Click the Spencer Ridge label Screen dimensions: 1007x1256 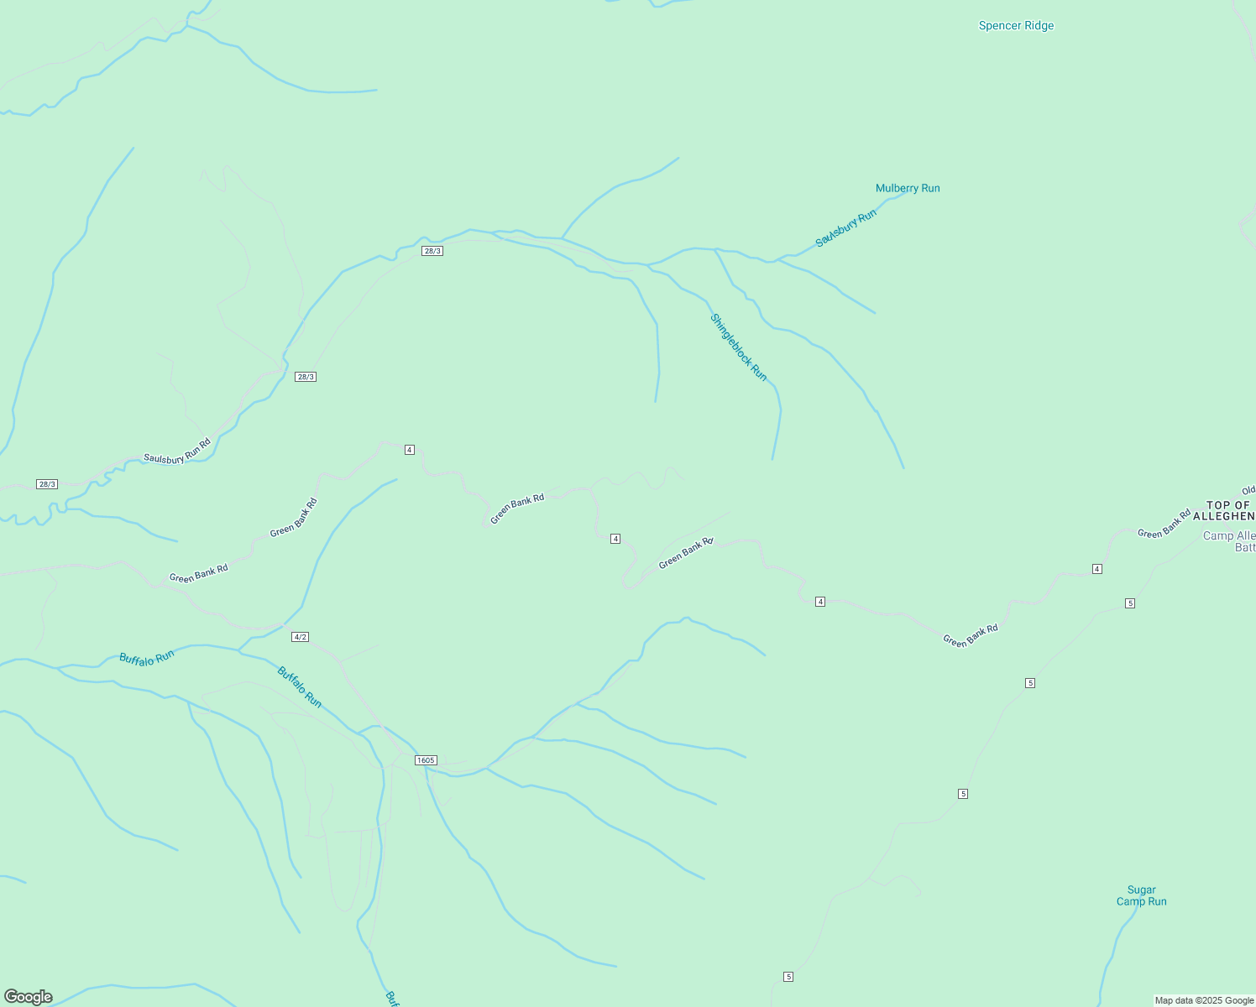click(x=1016, y=26)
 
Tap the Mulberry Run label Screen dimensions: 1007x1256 click(x=908, y=188)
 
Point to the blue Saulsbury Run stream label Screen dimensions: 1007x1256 click(x=845, y=228)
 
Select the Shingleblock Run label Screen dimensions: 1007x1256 click(x=739, y=347)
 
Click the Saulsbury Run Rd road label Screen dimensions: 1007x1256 click(x=176, y=451)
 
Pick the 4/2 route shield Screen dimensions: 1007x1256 click(x=300, y=637)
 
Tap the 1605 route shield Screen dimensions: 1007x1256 click(x=426, y=760)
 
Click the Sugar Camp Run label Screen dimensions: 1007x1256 click(x=1141, y=895)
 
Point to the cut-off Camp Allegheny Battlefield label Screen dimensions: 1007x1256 click(x=1229, y=541)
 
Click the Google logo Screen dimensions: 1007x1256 click(x=29, y=997)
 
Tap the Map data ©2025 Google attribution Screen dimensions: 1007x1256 click(x=1204, y=1000)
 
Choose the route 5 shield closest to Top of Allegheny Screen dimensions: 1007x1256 click(x=1130, y=603)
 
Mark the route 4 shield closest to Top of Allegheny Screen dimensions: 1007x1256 click(x=1096, y=569)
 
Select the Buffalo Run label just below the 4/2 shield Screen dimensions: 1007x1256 click(x=300, y=686)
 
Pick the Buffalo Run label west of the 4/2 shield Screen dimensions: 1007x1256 click(x=147, y=658)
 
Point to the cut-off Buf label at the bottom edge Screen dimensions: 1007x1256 click(x=391, y=999)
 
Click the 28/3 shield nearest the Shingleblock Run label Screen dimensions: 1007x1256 click(x=432, y=251)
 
